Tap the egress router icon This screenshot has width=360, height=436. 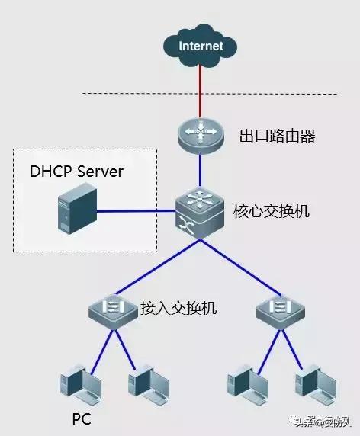(x=201, y=136)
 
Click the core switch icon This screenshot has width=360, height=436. (x=200, y=211)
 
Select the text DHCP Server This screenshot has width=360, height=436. (x=76, y=172)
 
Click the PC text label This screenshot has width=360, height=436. (x=82, y=418)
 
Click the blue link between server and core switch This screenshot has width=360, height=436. (x=137, y=213)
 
